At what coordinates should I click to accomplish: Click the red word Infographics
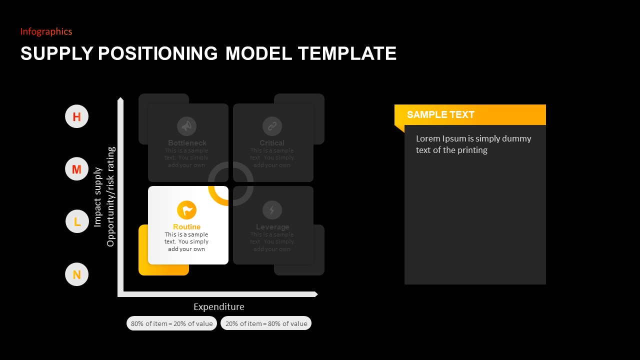tap(46, 31)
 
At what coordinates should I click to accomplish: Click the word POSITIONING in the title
tap(157, 53)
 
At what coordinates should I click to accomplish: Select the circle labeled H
tap(76, 116)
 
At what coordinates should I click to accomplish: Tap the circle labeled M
tap(76, 169)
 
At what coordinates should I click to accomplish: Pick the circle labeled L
tap(77, 221)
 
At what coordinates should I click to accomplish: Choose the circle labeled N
tap(76, 274)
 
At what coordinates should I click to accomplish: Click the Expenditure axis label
tap(219, 306)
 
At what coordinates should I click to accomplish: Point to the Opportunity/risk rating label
tap(110, 196)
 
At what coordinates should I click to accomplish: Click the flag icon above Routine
tap(187, 210)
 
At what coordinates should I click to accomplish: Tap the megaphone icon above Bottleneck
tap(186, 126)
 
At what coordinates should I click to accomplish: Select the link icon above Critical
tap(272, 126)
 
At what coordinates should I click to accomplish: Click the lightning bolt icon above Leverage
tap(272, 210)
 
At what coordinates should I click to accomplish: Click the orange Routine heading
tap(186, 227)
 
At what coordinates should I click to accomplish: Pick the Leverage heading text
tap(272, 227)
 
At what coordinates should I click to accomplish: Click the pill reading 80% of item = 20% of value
tap(171, 323)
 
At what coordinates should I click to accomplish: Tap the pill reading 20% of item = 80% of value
tap(266, 323)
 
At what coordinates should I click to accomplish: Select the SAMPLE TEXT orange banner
tap(470, 114)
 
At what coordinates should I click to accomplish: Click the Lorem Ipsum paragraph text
tap(473, 144)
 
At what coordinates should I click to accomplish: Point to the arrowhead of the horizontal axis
tap(315, 294)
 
